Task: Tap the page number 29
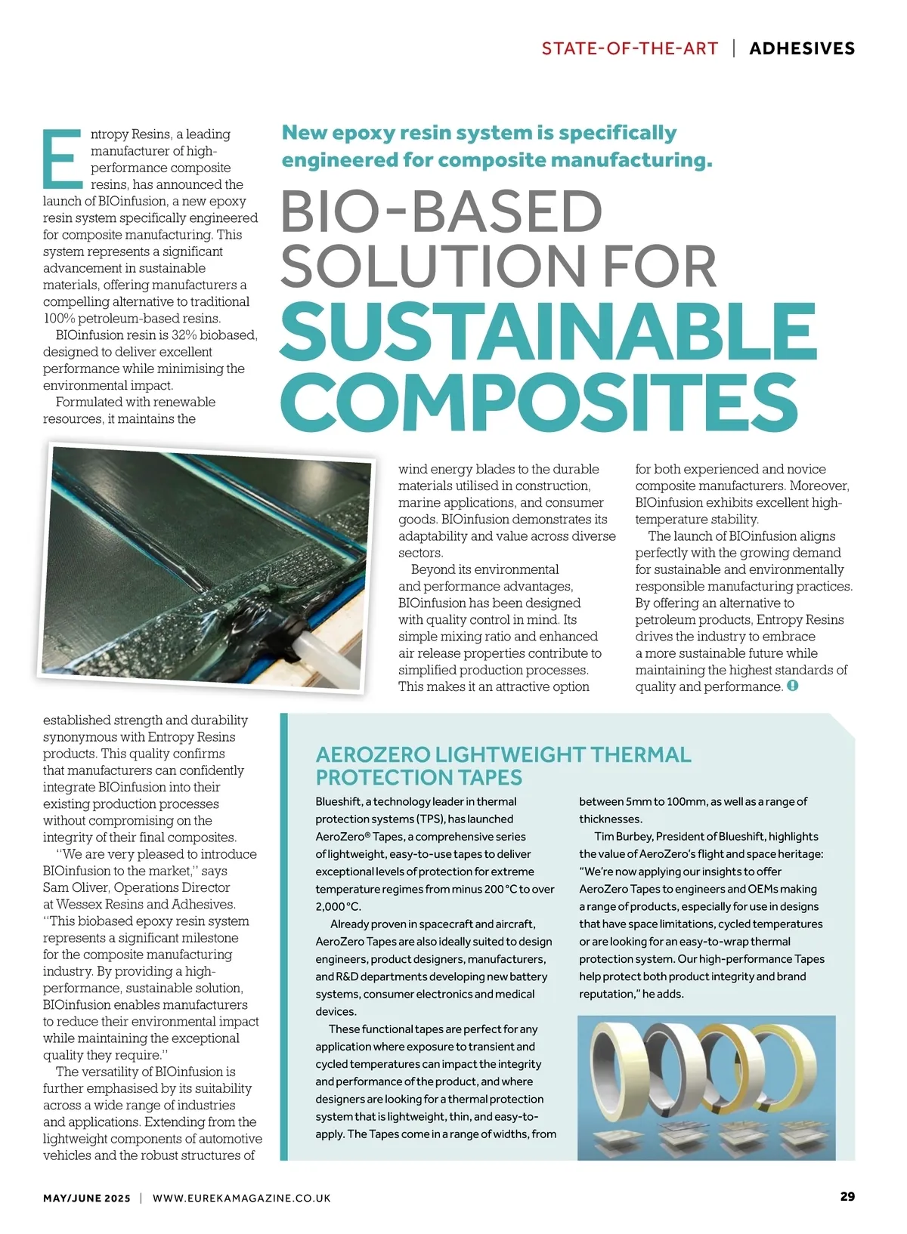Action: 847,1196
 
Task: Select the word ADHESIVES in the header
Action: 802,48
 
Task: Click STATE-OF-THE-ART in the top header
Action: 630,48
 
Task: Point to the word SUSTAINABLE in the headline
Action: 548,333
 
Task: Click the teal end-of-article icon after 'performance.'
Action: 793,686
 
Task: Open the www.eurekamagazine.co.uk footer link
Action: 241,1198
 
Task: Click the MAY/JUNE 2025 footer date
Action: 86,1198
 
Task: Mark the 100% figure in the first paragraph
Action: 59,318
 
